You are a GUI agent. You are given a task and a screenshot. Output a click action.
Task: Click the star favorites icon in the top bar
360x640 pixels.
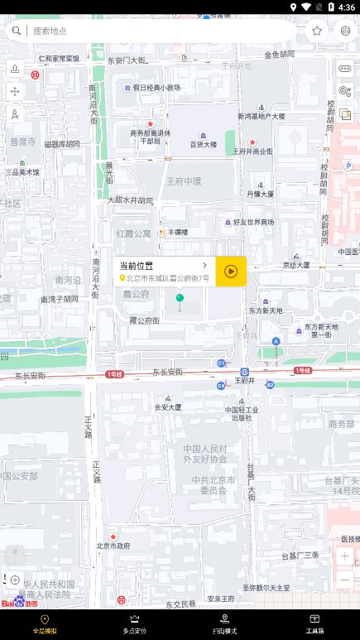[x=317, y=31]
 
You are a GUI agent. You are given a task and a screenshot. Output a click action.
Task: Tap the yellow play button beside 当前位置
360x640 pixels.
[x=231, y=271]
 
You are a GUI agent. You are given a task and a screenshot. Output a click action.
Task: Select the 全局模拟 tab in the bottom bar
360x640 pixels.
[x=45, y=624]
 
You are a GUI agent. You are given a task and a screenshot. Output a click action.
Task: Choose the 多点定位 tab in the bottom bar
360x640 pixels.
[x=135, y=624]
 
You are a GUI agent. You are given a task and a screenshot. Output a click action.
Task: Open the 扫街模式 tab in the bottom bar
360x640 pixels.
[x=224, y=624]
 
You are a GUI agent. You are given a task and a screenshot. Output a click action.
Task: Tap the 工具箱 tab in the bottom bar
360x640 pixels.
[x=314, y=624]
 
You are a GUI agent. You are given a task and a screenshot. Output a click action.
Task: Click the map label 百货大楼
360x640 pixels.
[x=203, y=144]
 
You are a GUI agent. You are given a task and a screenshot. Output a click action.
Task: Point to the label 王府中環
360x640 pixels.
[x=184, y=180]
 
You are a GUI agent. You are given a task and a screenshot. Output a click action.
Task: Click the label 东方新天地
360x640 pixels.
[x=266, y=310]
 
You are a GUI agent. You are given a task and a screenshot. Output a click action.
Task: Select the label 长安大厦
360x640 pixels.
[x=168, y=407]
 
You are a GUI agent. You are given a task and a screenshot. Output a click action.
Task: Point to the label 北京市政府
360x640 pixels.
[x=113, y=546]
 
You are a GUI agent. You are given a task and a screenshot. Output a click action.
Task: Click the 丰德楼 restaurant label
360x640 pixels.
[x=178, y=233]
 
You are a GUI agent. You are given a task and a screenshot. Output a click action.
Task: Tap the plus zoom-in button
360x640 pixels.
[x=344, y=556]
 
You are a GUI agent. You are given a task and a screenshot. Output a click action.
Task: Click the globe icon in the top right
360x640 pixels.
[x=345, y=31]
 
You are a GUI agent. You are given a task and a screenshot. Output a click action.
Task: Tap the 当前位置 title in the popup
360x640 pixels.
[x=137, y=265]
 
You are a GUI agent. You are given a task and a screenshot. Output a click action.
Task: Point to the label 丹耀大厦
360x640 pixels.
[x=260, y=194]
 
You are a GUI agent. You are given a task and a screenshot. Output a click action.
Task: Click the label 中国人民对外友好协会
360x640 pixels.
[x=204, y=453]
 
